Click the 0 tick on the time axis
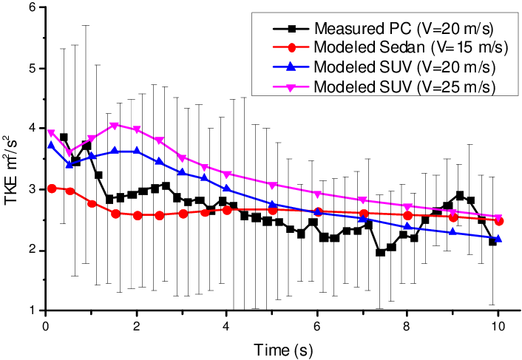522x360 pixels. [x=46, y=325]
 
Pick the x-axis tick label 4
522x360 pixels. [x=226, y=325]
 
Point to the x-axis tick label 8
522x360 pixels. [x=407, y=325]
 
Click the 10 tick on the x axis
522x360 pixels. [x=498, y=325]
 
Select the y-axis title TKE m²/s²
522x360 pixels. [x=12, y=158]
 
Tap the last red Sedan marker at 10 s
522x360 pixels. [x=499, y=221]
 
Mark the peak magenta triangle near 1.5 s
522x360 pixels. [x=114, y=126]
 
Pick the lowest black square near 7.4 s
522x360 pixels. [x=380, y=252]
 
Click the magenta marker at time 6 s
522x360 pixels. [x=317, y=194]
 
